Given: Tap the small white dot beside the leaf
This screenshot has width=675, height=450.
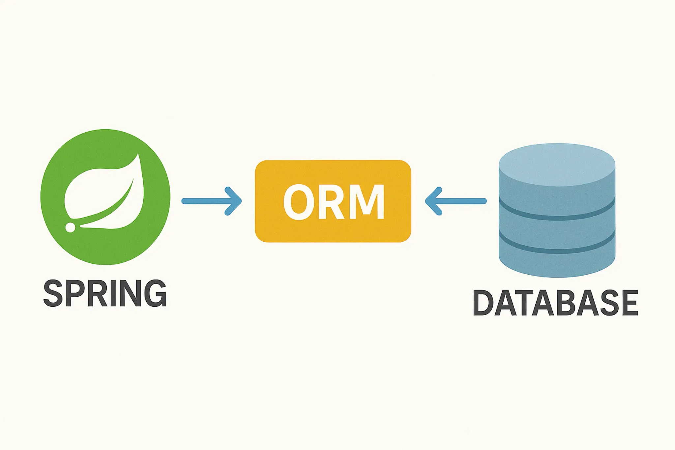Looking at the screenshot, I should click(70, 227).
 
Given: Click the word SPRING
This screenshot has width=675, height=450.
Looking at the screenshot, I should click(105, 293).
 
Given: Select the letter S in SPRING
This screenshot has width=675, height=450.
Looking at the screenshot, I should click(53, 293).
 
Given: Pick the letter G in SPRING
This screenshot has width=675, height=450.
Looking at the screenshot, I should click(155, 293).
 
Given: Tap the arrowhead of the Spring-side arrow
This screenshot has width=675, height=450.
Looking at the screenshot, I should click(235, 201).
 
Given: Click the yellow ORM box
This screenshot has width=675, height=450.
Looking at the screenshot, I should click(333, 231).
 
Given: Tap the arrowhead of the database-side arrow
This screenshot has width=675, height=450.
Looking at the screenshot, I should click(432, 201).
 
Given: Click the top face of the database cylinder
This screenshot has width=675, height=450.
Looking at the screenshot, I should click(557, 162).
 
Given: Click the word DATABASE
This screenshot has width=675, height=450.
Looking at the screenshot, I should click(555, 303).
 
